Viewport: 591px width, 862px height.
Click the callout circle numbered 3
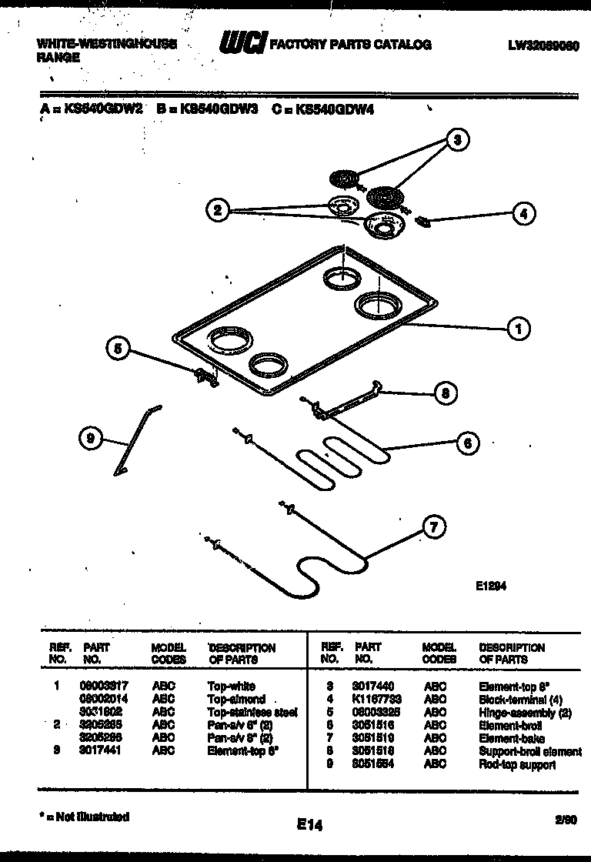pyautogui.click(x=457, y=139)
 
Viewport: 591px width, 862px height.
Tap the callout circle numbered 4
pyautogui.click(x=523, y=215)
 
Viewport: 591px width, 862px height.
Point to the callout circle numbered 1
pyautogui.click(x=518, y=329)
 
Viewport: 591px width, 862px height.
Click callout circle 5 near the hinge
pyautogui.click(x=118, y=349)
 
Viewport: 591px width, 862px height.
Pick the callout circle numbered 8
pyautogui.click(x=444, y=393)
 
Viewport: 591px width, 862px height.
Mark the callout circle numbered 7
pyautogui.click(x=434, y=528)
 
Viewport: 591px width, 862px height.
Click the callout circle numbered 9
pyautogui.click(x=91, y=439)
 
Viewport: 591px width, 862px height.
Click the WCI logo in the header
pyautogui.click(x=241, y=44)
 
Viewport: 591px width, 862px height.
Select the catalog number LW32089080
pyautogui.click(x=543, y=45)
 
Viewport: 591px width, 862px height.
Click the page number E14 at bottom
pyautogui.click(x=309, y=824)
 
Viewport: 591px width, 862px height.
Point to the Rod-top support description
pyautogui.click(x=516, y=765)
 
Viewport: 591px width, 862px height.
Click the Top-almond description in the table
pyautogui.click(x=236, y=699)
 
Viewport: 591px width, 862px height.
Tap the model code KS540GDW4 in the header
pyautogui.click(x=329, y=110)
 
